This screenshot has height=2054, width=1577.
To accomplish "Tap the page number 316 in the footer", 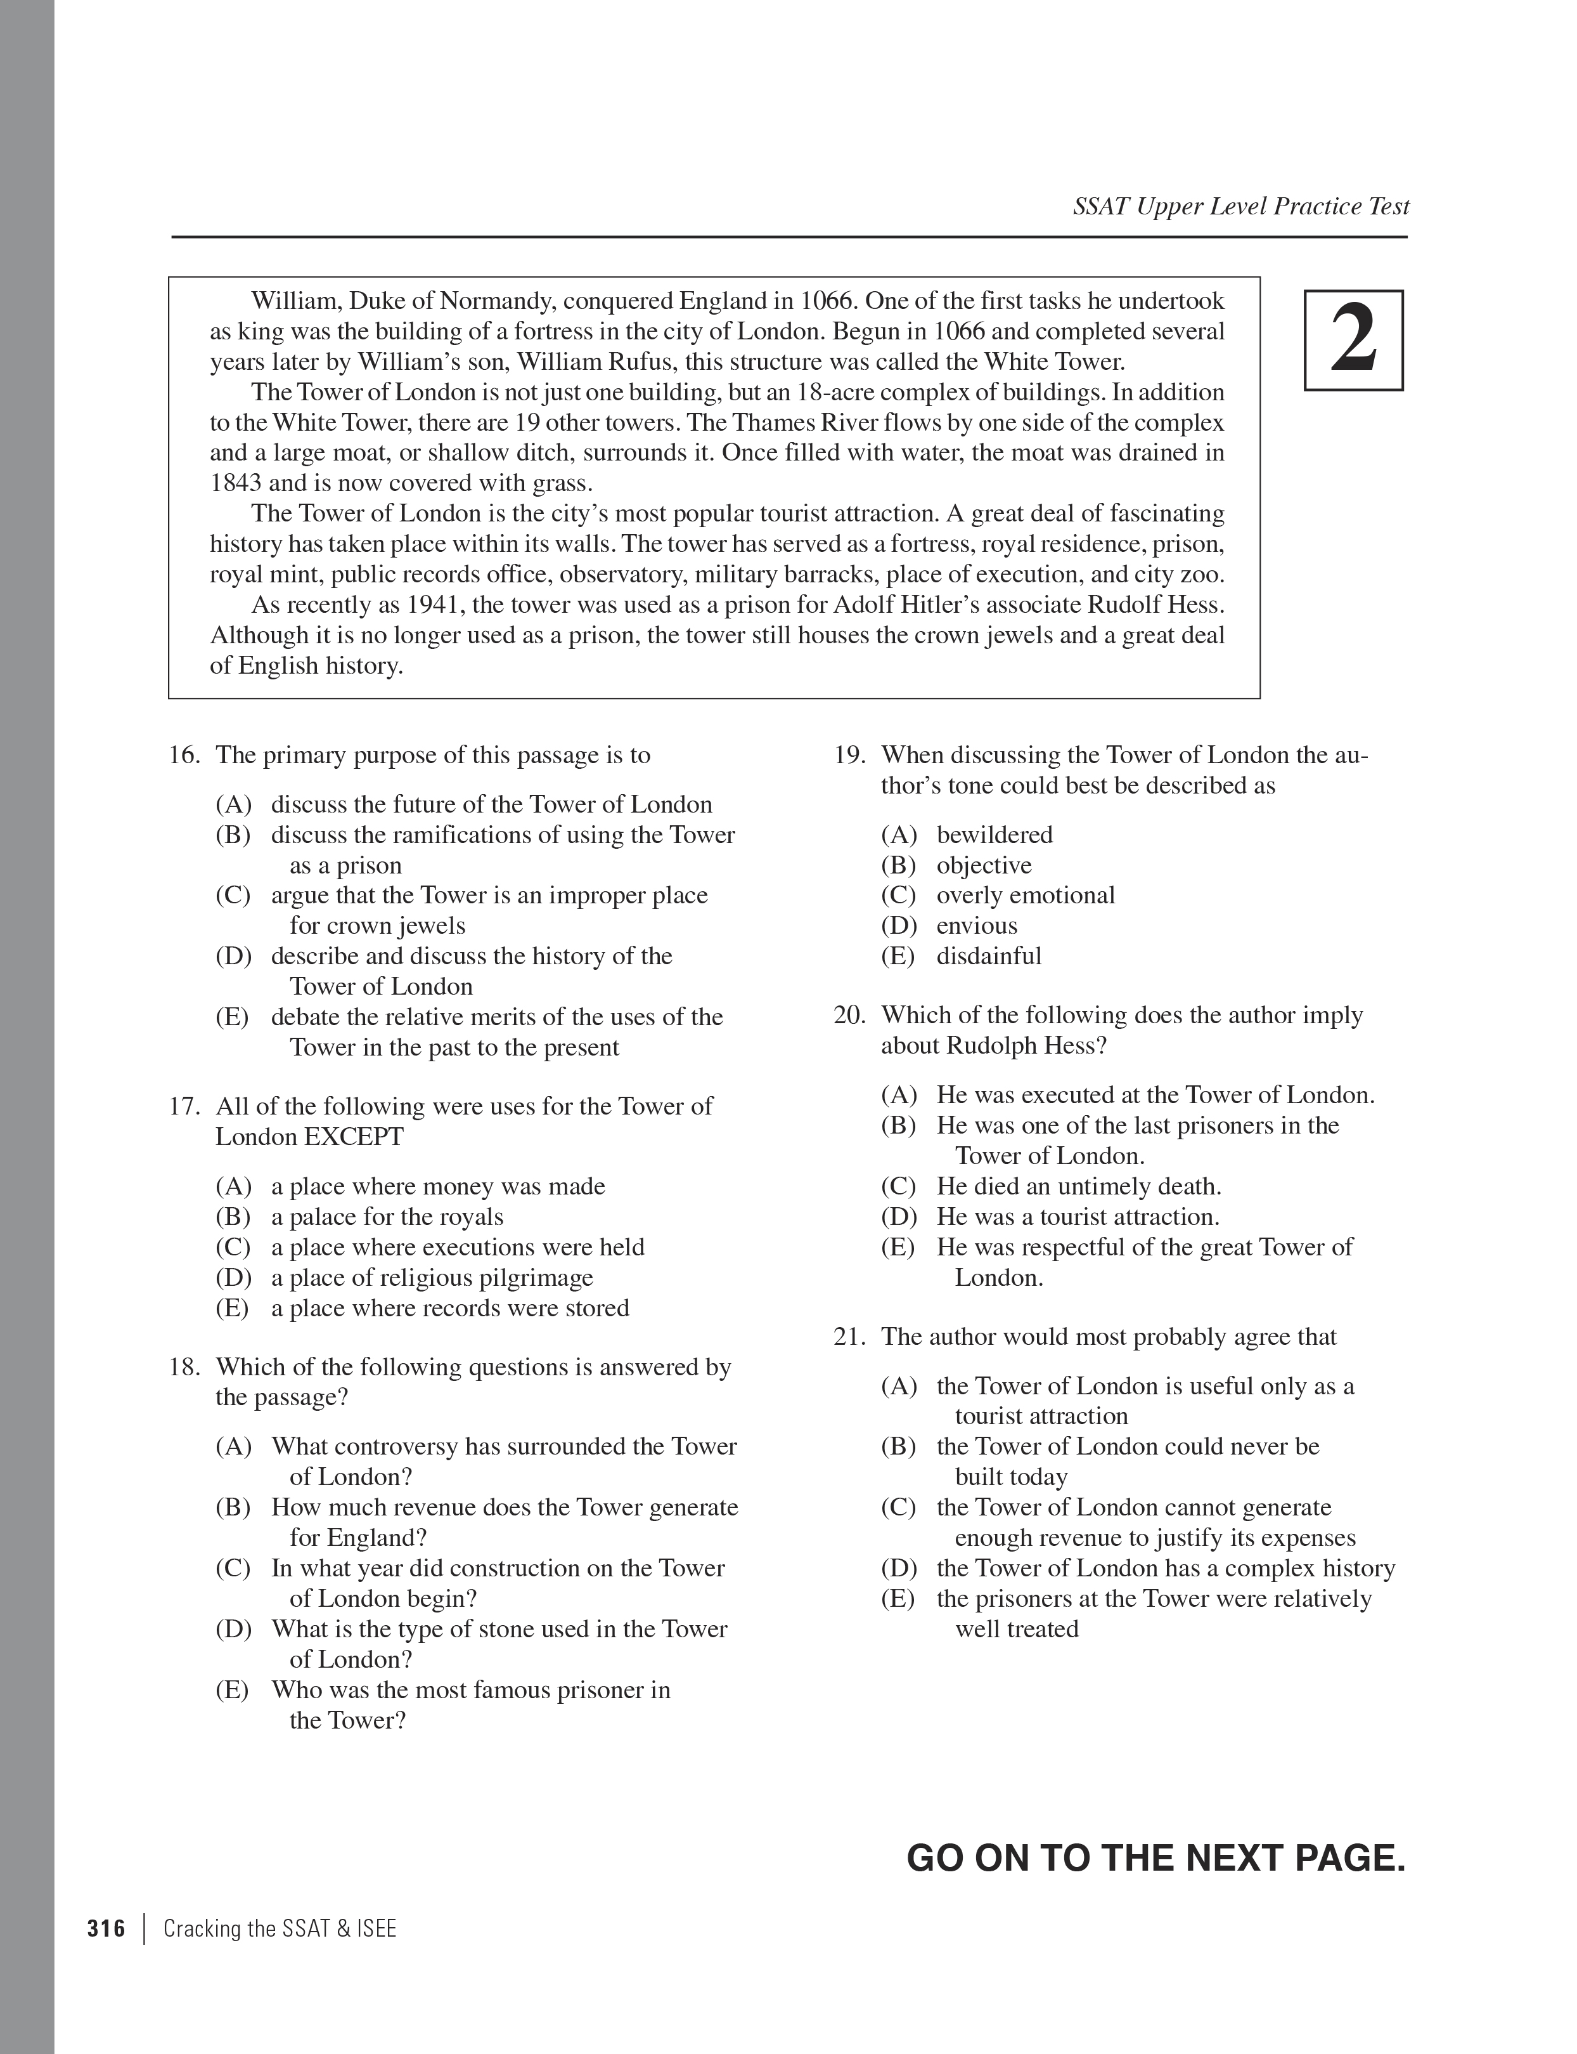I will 106,1928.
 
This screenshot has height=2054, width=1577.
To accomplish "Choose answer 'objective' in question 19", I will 983,865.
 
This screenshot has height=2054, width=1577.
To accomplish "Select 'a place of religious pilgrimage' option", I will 432,1278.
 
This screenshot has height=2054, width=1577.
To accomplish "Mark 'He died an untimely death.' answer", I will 1079,1186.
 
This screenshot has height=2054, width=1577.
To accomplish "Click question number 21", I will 849,1337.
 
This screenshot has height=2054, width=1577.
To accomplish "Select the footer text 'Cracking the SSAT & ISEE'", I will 280,1928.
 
